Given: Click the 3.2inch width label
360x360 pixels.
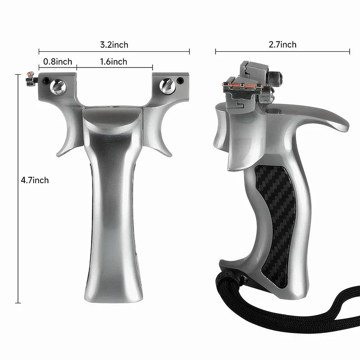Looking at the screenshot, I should click(x=114, y=45).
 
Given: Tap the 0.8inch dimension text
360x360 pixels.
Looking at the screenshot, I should click(x=57, y=61).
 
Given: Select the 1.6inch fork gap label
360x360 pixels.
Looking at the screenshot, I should click(x=113, y=61).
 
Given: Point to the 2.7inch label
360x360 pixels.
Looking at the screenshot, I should click(x=283, y=44).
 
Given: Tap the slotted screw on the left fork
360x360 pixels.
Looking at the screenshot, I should click(x=58, y=86).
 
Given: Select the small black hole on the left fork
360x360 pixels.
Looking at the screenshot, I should click(x=47, y=81).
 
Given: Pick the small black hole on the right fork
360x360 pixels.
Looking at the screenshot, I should click(x=180, y=81).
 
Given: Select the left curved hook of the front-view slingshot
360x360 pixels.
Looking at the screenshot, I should click(x=67, y=135).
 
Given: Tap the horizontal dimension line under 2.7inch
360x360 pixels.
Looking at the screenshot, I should click(x=282, y=52).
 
